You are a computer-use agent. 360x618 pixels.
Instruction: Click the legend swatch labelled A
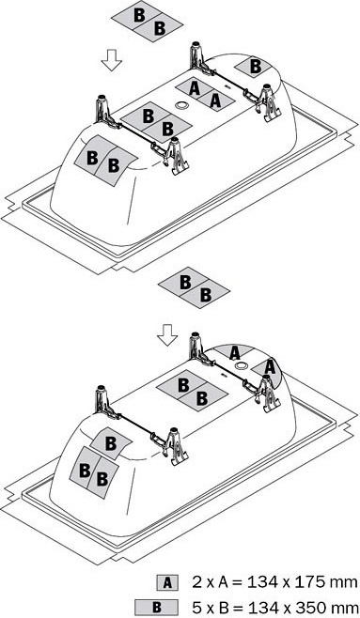point(167,582)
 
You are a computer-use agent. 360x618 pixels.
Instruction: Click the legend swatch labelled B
point(156,607)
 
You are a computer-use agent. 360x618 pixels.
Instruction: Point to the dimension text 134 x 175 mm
point(301,582)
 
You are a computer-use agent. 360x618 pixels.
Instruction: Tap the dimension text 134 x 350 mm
point(302,607)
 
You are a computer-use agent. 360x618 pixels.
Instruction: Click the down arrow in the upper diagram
point(112,60)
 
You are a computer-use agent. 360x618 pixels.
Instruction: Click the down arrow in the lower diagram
point(167,335)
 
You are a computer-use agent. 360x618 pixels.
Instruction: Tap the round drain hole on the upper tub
point(181,105)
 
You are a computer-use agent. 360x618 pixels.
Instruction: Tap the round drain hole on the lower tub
point(240,365)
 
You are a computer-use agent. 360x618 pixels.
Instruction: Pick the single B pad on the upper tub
point(255,67)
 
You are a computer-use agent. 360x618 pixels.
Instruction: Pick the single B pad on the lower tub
point(111,444)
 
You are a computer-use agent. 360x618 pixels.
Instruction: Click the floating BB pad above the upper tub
point(148,23)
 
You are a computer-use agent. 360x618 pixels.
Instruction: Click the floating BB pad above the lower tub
point(194,287)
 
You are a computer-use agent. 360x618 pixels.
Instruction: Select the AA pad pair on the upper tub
point(205,95)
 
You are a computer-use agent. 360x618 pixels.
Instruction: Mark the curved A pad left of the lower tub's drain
point(235,352)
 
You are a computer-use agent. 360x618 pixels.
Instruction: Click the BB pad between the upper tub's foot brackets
point(157,122)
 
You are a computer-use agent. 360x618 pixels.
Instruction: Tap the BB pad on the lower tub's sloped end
point(94,472)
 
